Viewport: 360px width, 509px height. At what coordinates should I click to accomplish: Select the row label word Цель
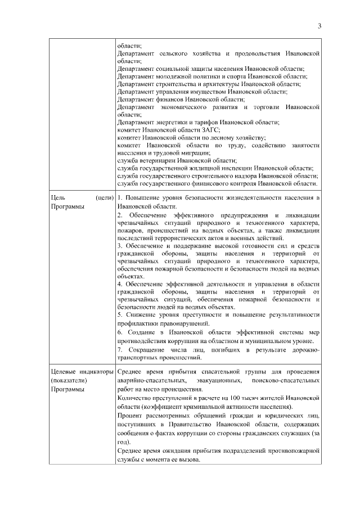(x=58, y=198)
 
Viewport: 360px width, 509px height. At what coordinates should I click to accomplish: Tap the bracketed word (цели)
(x=105, y=198)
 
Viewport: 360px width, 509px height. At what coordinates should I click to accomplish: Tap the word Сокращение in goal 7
(x=148, y=350)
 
